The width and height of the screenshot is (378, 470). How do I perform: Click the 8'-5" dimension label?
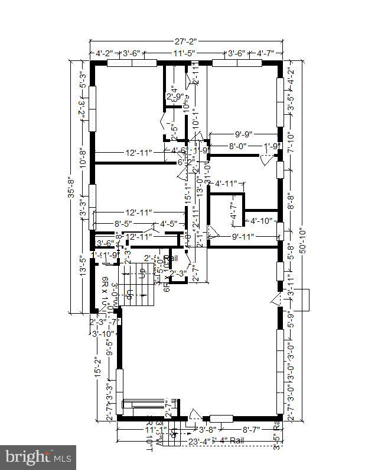pyautogui.click(x=126, y=224)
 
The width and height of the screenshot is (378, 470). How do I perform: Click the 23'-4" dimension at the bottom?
pyautogui.click(x=200, y=440)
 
